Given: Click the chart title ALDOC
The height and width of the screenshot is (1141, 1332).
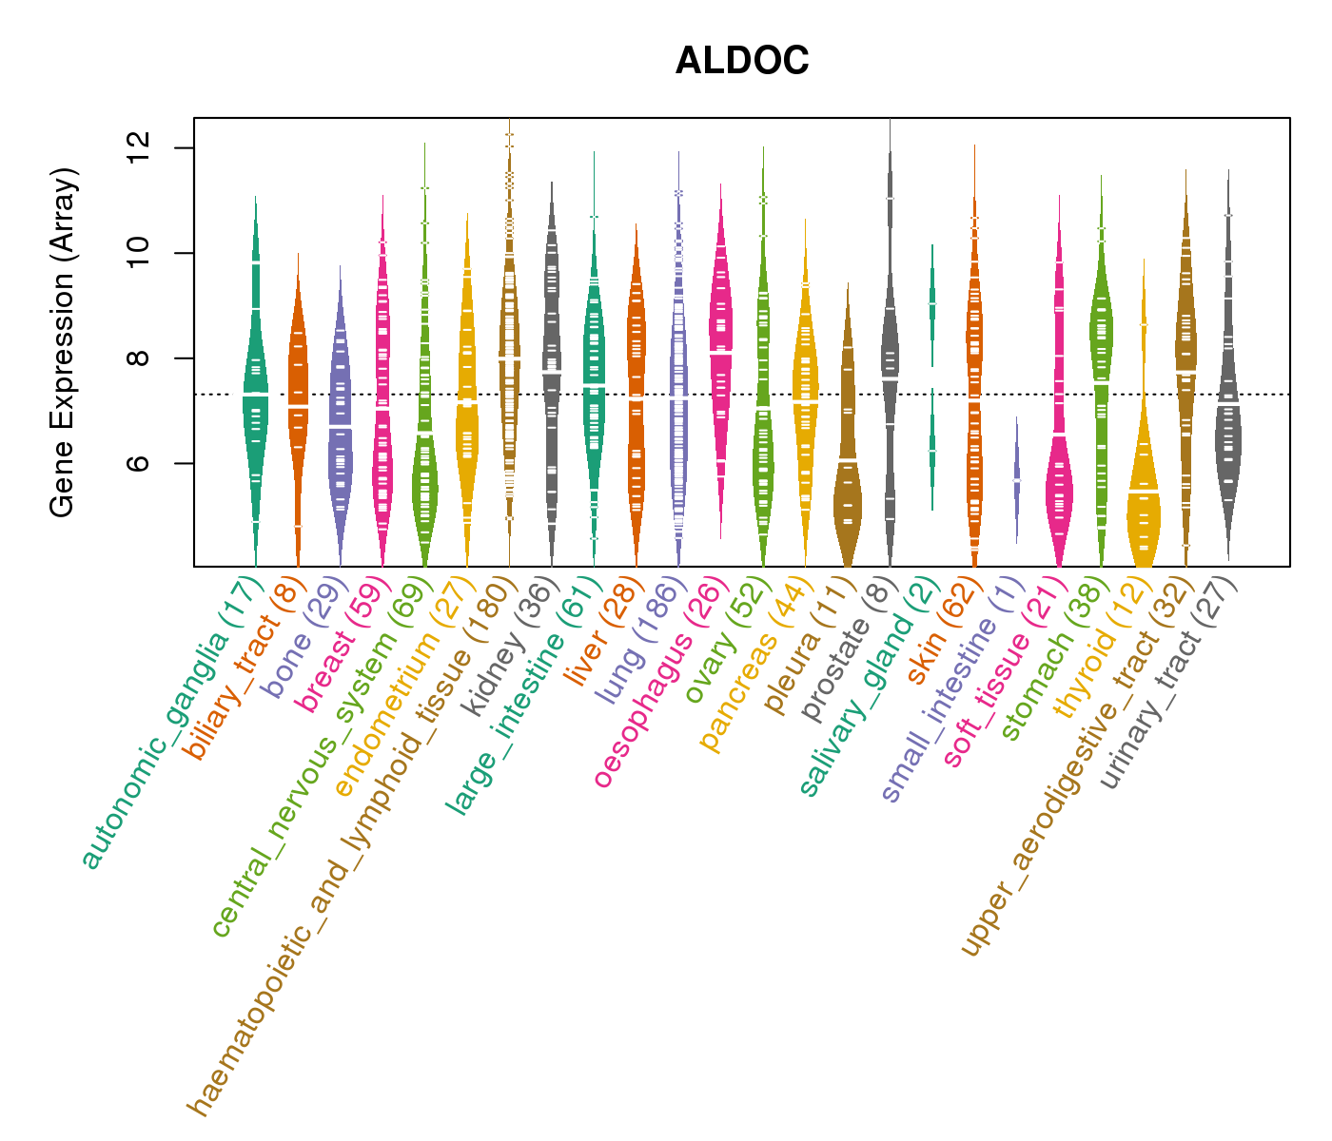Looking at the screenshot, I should (x=742, y=61).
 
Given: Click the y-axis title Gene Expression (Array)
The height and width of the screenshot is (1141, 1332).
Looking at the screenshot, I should (x=63, y=342).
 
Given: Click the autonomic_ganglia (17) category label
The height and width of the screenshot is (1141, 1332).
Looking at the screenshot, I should (x=171, y=723).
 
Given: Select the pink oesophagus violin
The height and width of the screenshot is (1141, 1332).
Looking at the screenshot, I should (x=721, y=342).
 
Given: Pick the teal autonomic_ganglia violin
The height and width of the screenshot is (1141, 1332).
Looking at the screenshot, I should (x=255, y=399).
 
